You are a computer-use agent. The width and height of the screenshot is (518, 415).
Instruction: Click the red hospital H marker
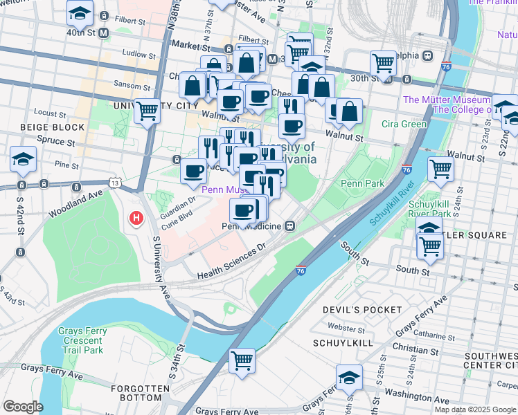tap(136, 219)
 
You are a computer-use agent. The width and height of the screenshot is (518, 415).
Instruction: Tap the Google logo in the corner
tap(23, 407)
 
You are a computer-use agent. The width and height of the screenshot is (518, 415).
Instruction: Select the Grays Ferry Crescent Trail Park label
tap(82, 340)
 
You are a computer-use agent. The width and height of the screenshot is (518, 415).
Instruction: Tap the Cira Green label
tap(404, 124)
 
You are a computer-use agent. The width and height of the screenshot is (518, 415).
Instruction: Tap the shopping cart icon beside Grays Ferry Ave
tap(242, 360)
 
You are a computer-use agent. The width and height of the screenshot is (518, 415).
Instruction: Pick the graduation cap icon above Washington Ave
tap(349, 377)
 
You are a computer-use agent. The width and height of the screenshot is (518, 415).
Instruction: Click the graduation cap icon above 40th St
tap(80, 12)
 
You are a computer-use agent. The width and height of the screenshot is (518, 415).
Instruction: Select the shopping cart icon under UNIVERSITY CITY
tap(147, 110)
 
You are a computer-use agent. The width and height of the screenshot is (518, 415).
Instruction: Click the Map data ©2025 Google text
tap(475, 409)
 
